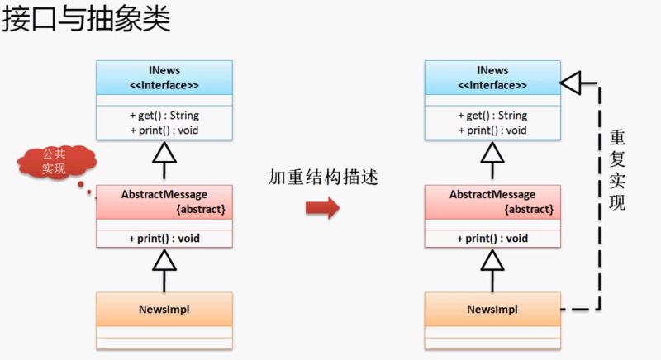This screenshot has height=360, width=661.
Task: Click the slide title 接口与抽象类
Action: (86, 19)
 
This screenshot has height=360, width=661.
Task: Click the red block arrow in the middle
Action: (322, 207)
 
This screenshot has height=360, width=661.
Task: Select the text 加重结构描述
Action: (322, 177)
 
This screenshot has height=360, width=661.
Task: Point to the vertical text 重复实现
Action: (616, 168)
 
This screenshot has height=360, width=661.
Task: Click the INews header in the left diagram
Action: (164, 70)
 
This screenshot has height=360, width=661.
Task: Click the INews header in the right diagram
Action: (492, 70)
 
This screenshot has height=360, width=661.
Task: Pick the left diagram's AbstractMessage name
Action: (164, 194)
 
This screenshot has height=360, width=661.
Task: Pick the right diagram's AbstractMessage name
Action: (492, 194)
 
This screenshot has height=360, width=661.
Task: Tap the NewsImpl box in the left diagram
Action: (164, 310)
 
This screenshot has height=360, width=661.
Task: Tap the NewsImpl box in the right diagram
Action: (492, 310)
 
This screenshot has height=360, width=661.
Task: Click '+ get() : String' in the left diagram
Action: (164, 115)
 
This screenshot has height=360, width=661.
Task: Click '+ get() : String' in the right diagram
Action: (492, 115)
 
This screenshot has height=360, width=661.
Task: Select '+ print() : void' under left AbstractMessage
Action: (164, 239)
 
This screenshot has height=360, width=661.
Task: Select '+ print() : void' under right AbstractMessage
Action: (492, 239)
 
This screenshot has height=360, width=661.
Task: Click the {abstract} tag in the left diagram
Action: (201, 209)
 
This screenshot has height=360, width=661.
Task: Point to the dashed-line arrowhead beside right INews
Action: (572, 81)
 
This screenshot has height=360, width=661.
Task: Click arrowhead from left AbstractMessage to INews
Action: (164, 152)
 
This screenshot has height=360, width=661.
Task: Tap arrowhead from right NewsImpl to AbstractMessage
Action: (492, 260)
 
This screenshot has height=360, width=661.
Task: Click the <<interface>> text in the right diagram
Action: (492, 85)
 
